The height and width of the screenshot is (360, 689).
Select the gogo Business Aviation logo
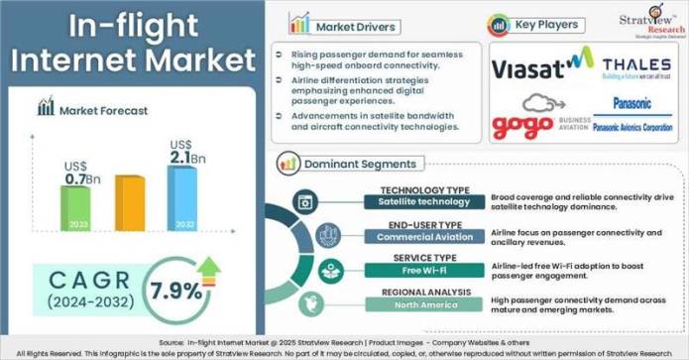click(535, 120)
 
